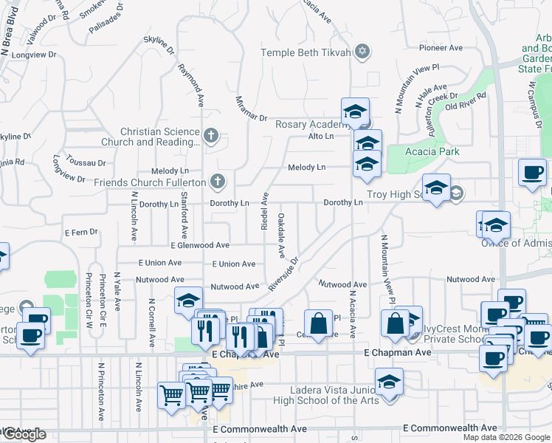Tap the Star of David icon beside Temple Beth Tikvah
click(x=362, y=52)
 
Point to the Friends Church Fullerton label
click(x=151, y=182)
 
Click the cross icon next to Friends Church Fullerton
click(x=217, y=181)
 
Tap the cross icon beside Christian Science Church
click(x=211, y=136)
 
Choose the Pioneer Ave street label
click(x=441, y=47)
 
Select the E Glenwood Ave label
click(x=199, y=245)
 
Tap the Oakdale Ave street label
click(x=280, y=236)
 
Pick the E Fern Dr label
click(x=81, y=232)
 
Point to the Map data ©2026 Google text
click(x=506, y=438)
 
